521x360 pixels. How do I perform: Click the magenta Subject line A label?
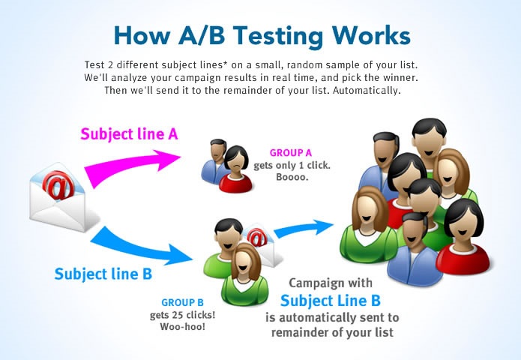coord(129,134)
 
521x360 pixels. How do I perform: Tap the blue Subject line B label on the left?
coord(103,274)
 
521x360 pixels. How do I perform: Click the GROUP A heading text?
coord(291,152)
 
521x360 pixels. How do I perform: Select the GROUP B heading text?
coord(182,302)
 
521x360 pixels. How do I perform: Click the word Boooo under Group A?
coord(292,176)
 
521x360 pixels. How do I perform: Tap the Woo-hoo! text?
coord(182,326)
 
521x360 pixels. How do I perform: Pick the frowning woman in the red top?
coord(236,169)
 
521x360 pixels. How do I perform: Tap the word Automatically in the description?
coord(367,91)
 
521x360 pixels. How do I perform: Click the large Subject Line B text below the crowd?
coord(331,301)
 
